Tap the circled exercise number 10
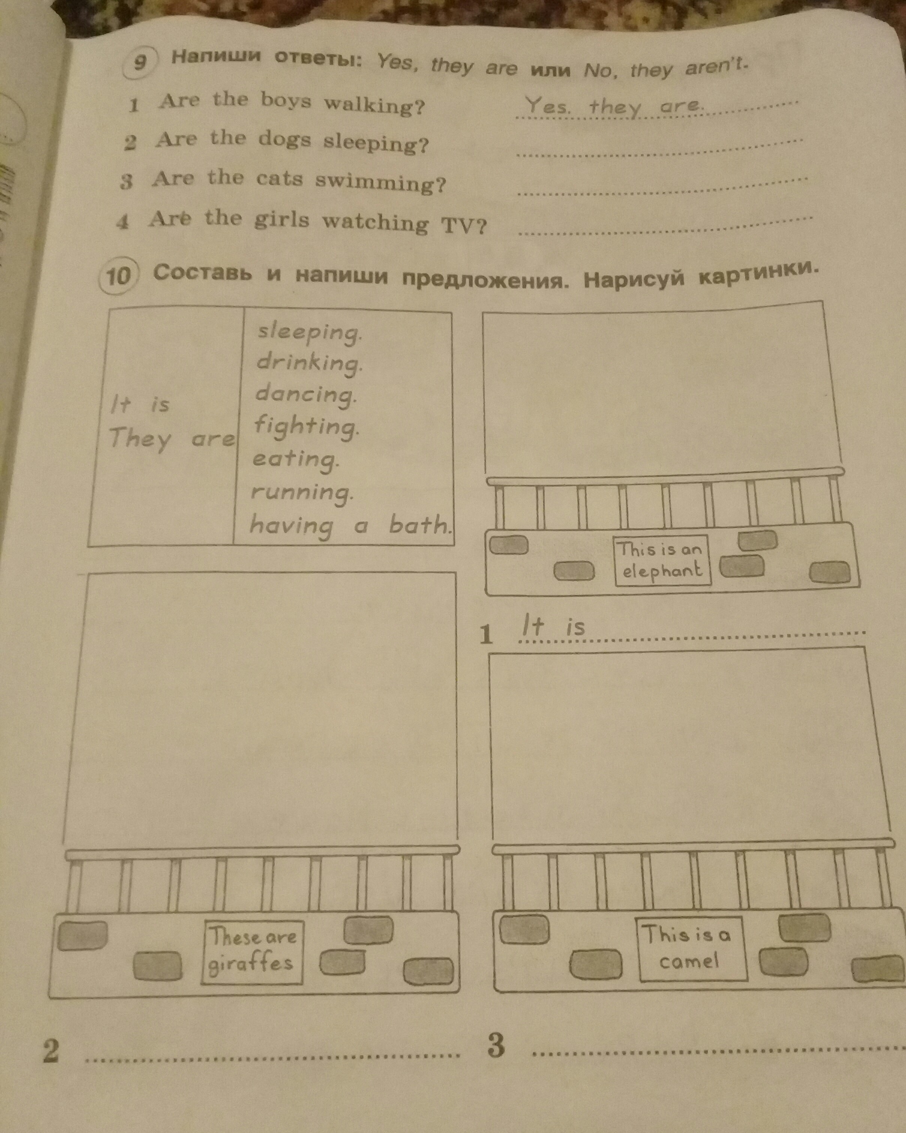(x=118, y=275)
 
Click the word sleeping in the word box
(x=309, y=332)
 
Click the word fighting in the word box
(x=306, y=427)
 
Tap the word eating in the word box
(x=295, y=460)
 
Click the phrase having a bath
(x=350, y=525)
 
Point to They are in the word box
(x=171, y=439)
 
